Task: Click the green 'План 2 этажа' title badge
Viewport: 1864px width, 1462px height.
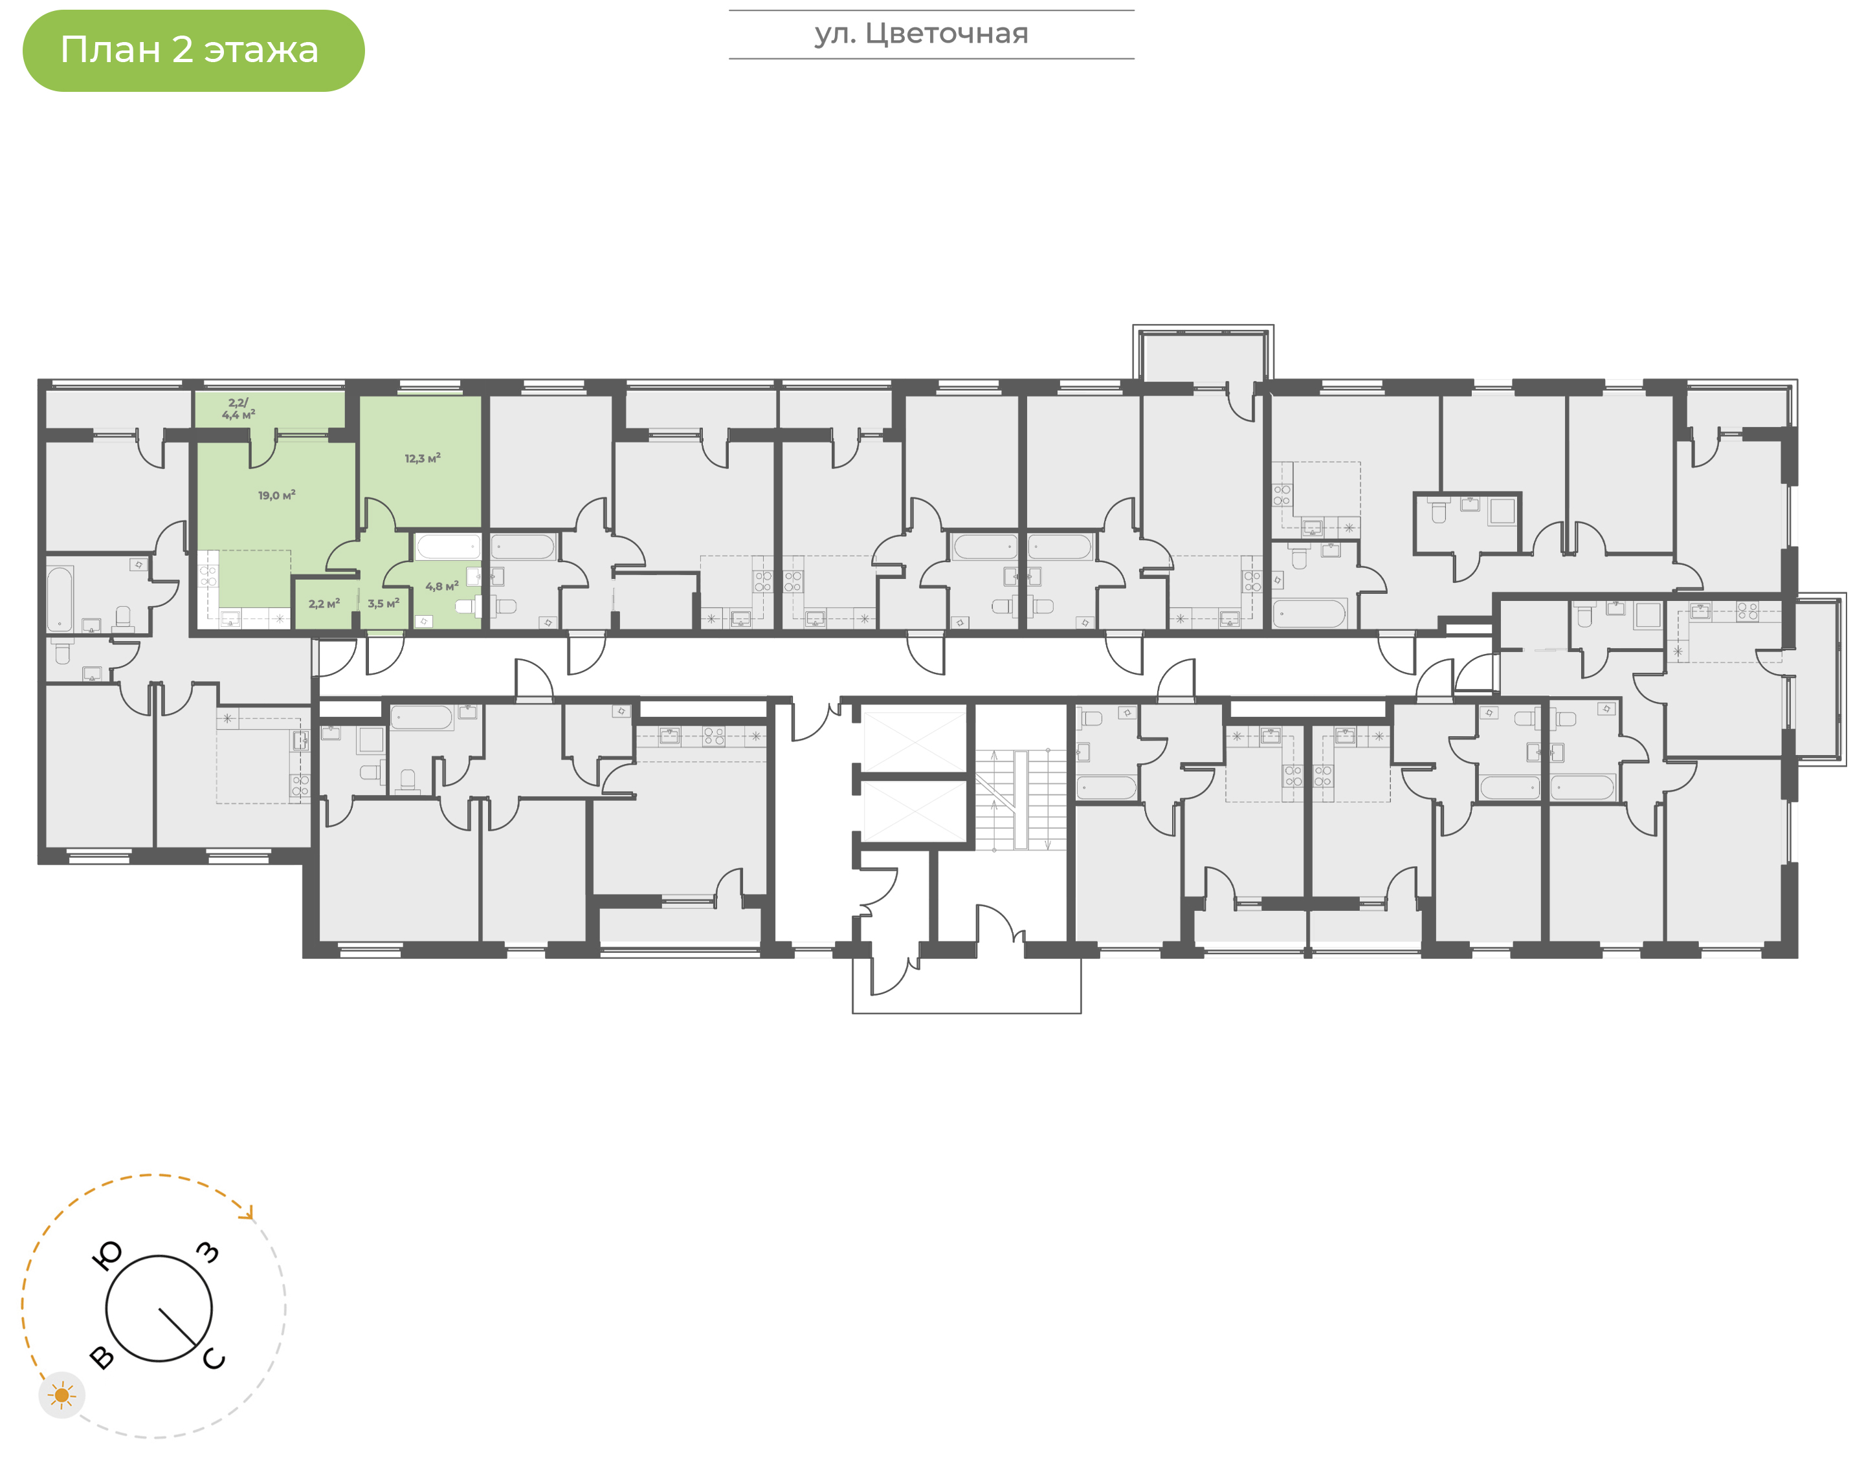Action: [194, 50]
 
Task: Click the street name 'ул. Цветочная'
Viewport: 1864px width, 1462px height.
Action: [921, 34]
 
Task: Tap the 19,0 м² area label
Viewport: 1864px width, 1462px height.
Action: [276, 496]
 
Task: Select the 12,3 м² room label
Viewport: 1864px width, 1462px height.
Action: [422, 459]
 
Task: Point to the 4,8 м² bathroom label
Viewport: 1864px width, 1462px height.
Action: [442, 586]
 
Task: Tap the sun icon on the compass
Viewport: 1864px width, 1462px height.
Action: [61, 1396]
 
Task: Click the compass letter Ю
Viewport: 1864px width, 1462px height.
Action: [106, 1256]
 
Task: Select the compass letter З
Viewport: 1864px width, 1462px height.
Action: [208, 1252]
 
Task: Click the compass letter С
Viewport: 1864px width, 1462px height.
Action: [214, 1359]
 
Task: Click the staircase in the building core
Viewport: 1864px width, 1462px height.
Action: [1021, 800]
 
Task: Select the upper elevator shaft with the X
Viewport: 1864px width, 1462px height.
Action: [914, 741]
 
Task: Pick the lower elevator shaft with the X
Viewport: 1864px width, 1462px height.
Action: [914, 811]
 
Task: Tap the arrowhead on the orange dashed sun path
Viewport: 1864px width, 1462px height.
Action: [249, 1213]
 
